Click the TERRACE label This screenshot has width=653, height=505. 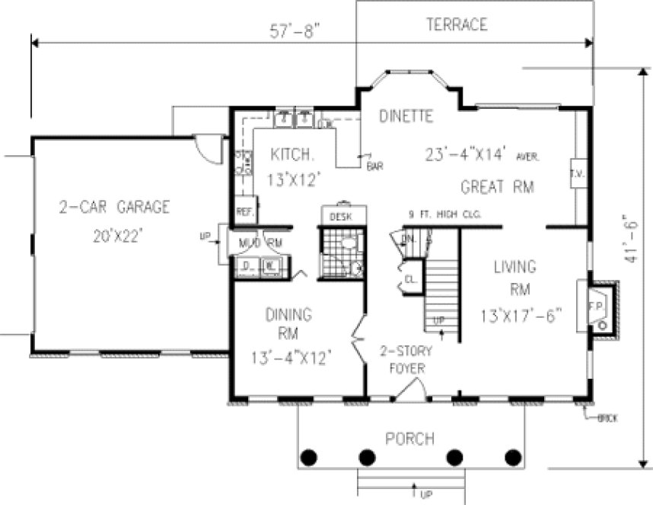click(456, 25)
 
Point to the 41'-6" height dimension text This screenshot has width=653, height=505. click(630, 237)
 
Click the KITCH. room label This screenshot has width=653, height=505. click(292, 154)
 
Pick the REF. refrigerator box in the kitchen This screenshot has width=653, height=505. click(245, 211)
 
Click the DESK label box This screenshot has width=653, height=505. click(339, 217)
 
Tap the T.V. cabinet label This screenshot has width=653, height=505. click(576, 172)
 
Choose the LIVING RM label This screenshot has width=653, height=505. click(514, 278)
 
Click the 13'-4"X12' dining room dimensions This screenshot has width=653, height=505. click(291, 357)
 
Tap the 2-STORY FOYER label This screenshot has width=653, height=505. click(406, 360)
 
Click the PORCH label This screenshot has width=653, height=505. click(409, 439)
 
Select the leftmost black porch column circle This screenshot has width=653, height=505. click(309, 457)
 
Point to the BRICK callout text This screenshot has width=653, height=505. click(607, 419)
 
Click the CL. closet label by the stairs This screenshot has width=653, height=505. click(409, 278)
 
